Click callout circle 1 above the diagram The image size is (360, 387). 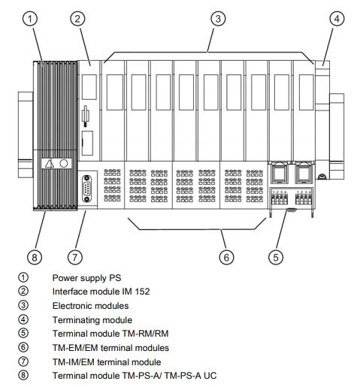point(30,19)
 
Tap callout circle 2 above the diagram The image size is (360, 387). point(77,19)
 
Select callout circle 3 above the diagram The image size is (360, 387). point(218,19)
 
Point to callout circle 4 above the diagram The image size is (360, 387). point(337,19)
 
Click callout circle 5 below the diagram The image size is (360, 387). point(276,257)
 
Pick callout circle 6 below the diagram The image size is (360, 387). point(226,257)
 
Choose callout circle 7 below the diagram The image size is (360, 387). point(75,257)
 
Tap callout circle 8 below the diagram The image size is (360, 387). point(35,257)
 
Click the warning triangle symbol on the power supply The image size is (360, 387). point(50,164)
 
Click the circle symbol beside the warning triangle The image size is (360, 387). point(64,164)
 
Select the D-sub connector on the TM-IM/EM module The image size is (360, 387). point(86,189)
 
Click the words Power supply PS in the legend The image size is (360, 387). point(86,278)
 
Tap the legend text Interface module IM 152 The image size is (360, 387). point(101,292)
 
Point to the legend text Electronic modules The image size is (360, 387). point(90,306)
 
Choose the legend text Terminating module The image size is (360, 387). point(92,320)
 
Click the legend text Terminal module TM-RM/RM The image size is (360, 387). point(110,334)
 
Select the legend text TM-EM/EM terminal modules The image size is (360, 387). point(110,348)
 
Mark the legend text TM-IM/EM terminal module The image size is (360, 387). point(107,362)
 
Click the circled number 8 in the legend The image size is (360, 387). point(23,375)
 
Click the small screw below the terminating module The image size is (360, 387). point(322,177)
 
